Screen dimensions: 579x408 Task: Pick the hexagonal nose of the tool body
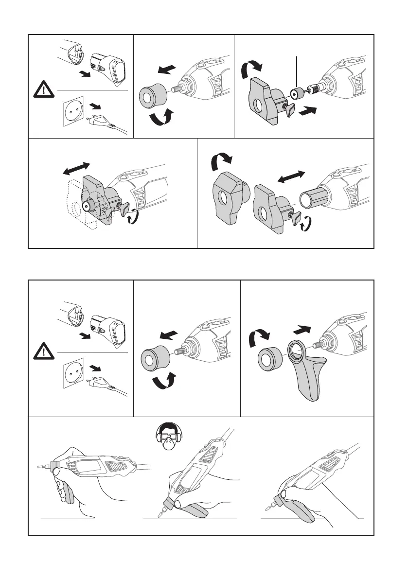point(311,199)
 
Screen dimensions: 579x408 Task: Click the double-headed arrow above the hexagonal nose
point(291,178)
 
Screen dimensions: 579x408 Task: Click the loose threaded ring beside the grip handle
point(269,360)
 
